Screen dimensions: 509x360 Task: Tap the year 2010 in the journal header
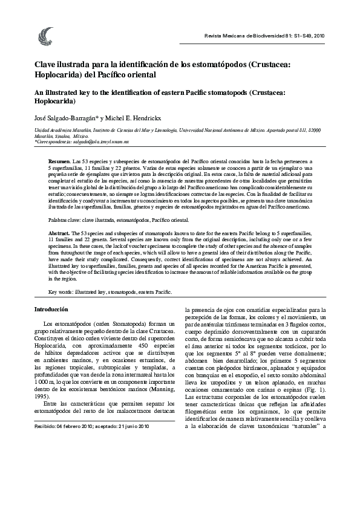[318, 36]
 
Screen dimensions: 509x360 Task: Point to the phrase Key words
[62, 291]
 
